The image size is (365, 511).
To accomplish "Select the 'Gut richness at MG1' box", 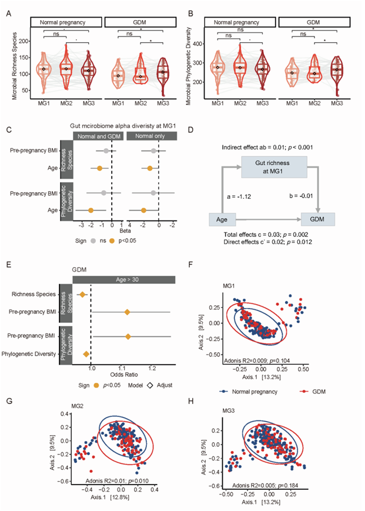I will [277, 167].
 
